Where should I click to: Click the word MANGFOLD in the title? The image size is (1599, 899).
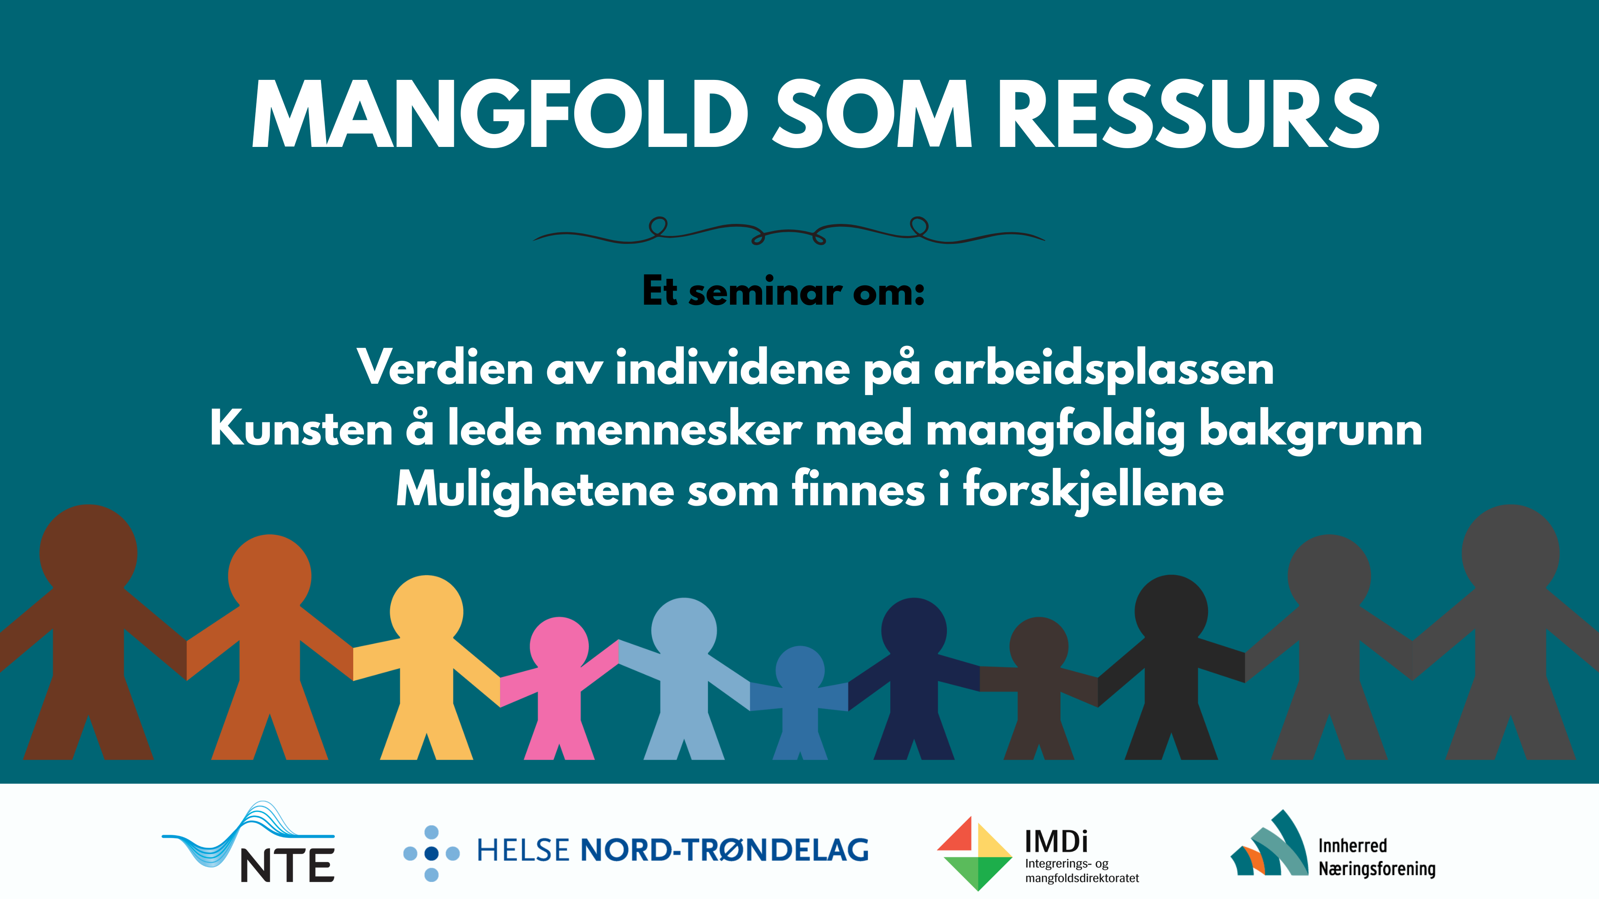tap(500, 115)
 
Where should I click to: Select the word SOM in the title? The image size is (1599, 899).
tap(872, 115)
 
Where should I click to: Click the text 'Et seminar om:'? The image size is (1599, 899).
tap(783, 292)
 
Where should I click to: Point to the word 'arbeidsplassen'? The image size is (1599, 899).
tap(1103, 369)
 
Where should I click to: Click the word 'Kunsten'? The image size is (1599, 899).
tap(301, 430)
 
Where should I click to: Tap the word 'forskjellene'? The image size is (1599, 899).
tap(1093, 490)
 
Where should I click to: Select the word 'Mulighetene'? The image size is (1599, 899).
tap(535, 490)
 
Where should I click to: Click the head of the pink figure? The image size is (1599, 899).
tap(559, 645)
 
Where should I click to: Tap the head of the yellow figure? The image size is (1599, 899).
tap(426, 611)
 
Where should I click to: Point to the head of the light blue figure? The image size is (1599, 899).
tap(683, 630)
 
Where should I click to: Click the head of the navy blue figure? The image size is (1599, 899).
tap(914, 630)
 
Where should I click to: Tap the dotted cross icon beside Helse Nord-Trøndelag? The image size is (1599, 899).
tap(431, 853)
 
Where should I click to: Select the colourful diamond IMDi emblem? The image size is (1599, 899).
tap(974, 853)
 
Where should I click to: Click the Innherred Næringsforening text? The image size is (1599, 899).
tap(1376, 857)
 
